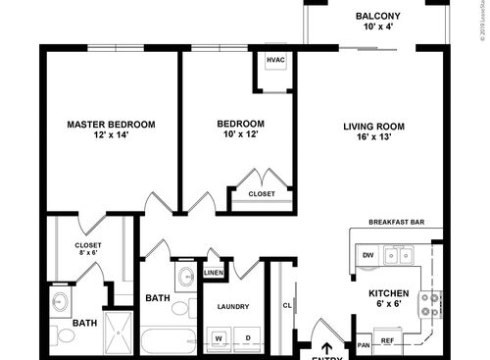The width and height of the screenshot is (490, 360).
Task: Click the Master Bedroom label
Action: click(x=111, y=129)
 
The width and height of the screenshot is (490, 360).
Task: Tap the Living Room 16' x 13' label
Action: click(x=373, y=131)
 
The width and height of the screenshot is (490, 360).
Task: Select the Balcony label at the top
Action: click(x=376, y=22)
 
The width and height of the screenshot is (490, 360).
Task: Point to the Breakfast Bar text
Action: click(x=396, y=223)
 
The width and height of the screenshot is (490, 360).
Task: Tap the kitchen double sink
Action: click(x=398, y=255)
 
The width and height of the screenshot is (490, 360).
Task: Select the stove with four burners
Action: click(x=429, y=304)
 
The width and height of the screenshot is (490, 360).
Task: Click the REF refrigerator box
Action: click(x=388, y=342)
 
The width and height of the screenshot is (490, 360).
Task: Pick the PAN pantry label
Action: click(x=364, y=343)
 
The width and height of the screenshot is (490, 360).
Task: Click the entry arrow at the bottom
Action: click(x=326, y=346)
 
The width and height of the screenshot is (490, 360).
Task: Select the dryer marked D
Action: click(x=247, y=338)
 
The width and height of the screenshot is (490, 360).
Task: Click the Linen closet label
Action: click(x=213, y=272)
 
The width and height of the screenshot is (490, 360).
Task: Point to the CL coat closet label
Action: click(x=286, y=304)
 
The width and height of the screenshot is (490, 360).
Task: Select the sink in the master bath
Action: click(x=60, y=302)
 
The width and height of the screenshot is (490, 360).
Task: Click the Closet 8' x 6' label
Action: click(x=87, y=250)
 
